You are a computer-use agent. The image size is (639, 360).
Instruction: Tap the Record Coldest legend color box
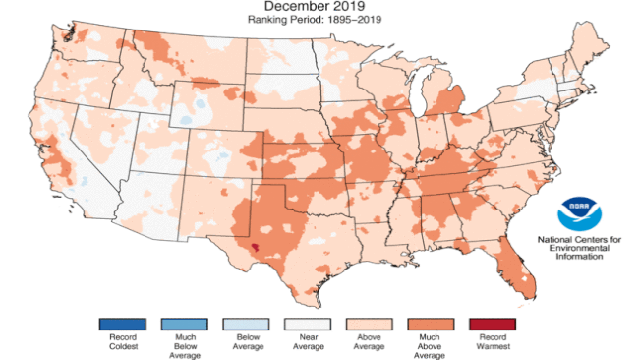(122, 325)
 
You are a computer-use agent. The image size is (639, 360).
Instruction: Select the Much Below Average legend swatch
(182, 325)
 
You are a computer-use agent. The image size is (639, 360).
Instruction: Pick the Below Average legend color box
(243, 325)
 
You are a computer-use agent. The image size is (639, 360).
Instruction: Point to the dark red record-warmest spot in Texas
(255, 248)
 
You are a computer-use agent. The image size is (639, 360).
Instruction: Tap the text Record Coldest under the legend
(122, 344)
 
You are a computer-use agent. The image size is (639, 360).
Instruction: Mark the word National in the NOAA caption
(557, 239)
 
